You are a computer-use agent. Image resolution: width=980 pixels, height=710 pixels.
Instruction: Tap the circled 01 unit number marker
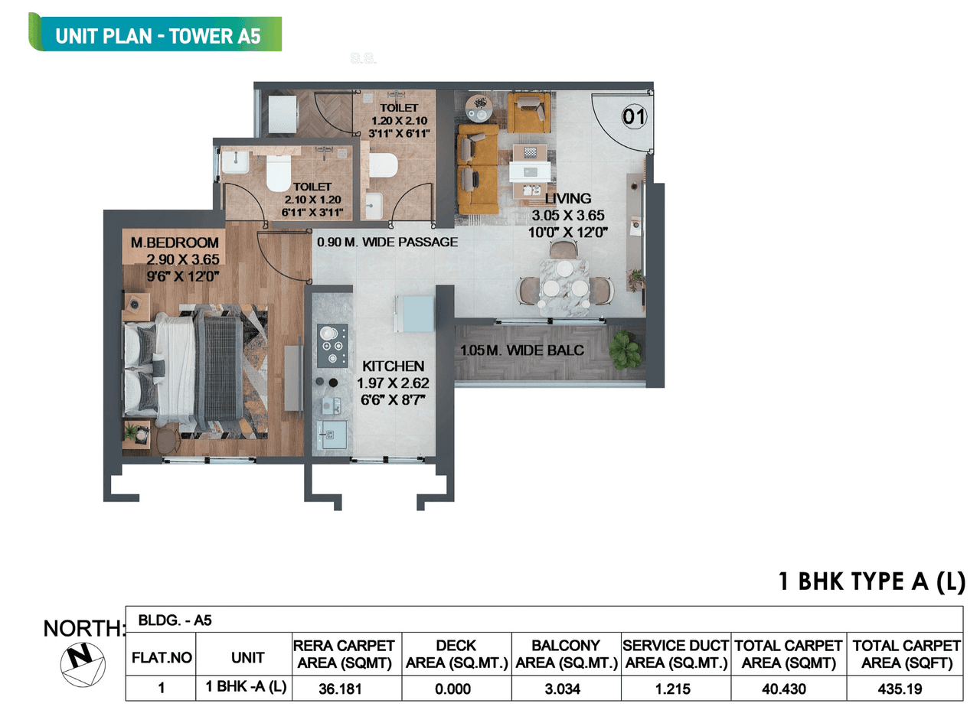coord(634,117)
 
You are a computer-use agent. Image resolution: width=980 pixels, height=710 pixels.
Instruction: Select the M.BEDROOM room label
coord(175,243)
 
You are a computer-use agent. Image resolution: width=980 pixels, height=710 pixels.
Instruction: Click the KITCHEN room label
coord(393,366)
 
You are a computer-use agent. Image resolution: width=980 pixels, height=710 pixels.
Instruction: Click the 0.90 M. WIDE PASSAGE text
coord(387,242)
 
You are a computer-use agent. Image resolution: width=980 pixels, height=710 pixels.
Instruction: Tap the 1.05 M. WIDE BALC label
coord(522,350)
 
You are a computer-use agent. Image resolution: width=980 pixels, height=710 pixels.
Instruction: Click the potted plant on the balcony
coord(626,349)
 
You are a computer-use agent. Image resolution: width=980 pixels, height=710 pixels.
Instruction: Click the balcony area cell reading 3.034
coord(566,689)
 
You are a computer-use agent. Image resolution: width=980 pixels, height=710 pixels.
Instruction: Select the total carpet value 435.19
coord(906,689)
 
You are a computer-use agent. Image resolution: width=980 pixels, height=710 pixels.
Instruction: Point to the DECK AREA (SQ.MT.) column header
coord(456,654)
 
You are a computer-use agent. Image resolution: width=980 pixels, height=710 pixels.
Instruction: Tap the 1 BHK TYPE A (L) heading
coord(871,582)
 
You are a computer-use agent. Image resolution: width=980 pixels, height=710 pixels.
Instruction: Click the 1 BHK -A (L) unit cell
coord(247,687)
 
